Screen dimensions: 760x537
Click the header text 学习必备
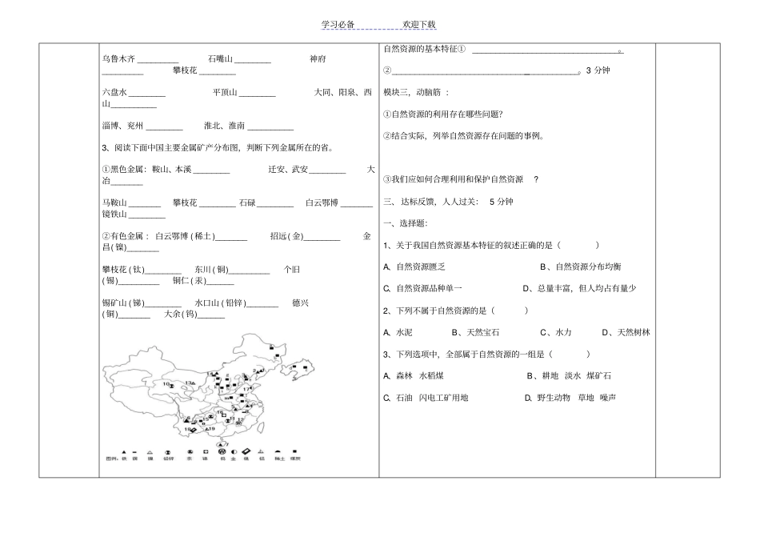(x=337, y=25)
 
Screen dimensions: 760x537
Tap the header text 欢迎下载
(x=419, y=25)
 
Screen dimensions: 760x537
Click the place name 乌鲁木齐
(x=120, y=58)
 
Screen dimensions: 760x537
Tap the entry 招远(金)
(x=288, y=236)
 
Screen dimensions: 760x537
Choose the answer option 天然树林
(x=634, y=331)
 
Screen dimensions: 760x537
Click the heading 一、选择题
(x=406, y=222)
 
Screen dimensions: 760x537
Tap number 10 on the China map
(x=166, y=384)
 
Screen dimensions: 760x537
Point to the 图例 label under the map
(x=110, y=459)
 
